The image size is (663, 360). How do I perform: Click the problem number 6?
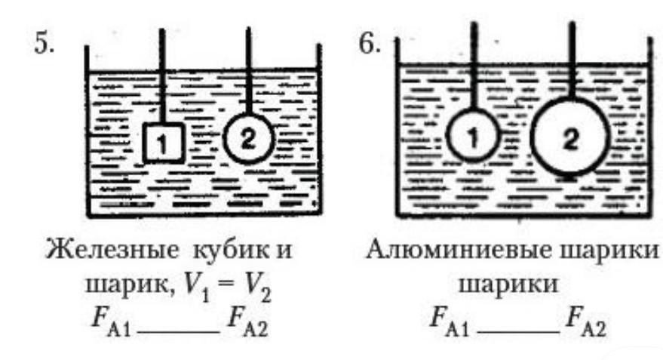pyautogui.click(x=369, y=43)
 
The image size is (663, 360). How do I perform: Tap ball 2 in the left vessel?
pyautogui.click(x=248, y=137)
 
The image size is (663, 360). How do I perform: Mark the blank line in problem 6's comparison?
pyautogui.click(x=509, y=326)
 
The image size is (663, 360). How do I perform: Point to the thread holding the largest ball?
pyautogui.click(x=572, y=60)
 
